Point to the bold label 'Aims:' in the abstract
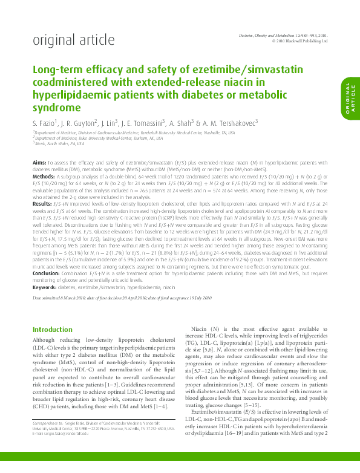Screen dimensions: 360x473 click(x=39, y=163)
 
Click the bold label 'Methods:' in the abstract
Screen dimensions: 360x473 click(x=44, y=175)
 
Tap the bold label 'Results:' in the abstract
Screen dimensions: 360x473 click(x=42, y=204)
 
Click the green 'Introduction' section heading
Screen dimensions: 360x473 click(x=52, y=330)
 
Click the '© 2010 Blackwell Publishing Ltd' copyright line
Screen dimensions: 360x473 click(x=300, y=42)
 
